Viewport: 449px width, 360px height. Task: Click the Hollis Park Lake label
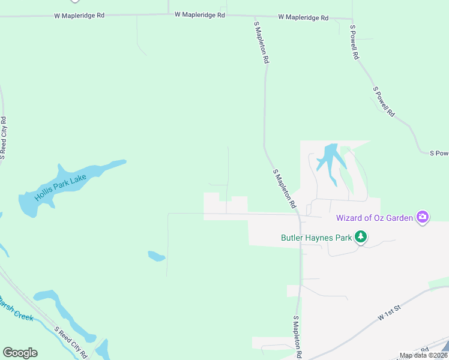click(60, 187)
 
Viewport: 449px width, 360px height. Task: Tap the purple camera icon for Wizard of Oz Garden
click(423, 217)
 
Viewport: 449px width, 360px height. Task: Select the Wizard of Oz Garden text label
click(375, 218)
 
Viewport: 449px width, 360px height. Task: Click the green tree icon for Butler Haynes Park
click(360, 238)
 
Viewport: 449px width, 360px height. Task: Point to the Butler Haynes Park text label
click(316, 238)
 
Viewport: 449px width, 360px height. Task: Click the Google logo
click(20, 353)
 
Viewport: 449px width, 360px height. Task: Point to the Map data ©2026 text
click(424, 355)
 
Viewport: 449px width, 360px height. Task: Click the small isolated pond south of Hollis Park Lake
click(156, 256)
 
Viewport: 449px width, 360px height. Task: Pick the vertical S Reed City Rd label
click(4, 139)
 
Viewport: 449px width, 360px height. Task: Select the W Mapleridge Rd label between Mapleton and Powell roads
click(303, 18)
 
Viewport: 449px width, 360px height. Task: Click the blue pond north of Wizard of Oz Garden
click(330, 160)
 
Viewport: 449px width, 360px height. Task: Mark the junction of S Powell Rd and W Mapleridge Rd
click(352, 19)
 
